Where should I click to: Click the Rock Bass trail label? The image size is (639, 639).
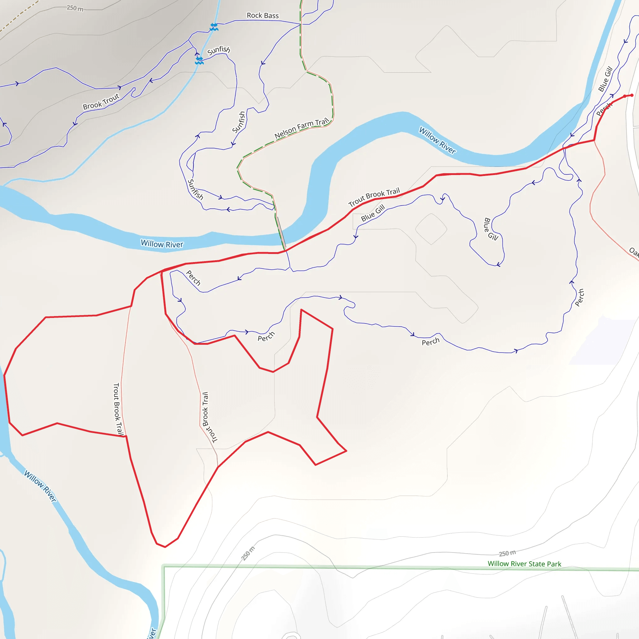tap(263, 16)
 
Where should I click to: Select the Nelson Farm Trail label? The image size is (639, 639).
tap(301, 128)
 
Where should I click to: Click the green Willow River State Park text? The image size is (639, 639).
tap(524, 564)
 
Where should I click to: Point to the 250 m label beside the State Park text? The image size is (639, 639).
tap(507, 553)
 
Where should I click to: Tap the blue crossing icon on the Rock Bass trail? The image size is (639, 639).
tap(214, 27)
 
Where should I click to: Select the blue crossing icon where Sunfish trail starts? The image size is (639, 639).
tap(199, 61)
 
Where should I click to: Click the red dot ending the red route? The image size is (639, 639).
tap(632, 95)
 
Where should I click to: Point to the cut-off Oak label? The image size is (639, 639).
tap(634, 252)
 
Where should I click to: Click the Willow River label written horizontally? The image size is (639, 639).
tap(162, 244)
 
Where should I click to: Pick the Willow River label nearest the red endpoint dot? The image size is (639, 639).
tap(437, 140)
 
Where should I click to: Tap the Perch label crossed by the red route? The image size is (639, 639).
tap(604, 109)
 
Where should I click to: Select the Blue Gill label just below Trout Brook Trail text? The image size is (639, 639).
tap(373, 213)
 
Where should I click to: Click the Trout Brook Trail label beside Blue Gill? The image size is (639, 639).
tap(374, 197)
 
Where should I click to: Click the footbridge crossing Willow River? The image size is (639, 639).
tap(281, 233)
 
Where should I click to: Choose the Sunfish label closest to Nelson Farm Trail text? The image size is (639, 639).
tap(238, 122)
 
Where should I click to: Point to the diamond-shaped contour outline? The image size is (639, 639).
tap(431, 229)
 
